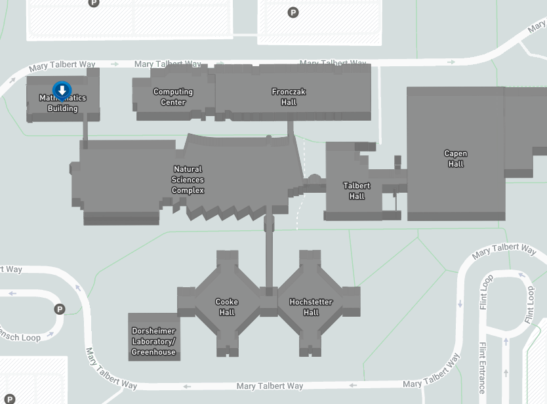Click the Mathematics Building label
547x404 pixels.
pyautogui.click(x=62, y=104)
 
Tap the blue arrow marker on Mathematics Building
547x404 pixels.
pyautogui.click(x=62, y=90)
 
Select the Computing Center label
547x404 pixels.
pyautogui.click(x=173, y=97)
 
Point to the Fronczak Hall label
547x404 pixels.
pyautogui.click(x=289, y=97)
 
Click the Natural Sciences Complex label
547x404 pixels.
pyautogui.click(x=188, y=180)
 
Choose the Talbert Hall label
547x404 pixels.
pyautogui.click(x=357, y=191)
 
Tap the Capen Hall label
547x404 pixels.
pyautogui.click(x=456, y=159)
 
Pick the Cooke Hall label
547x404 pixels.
pyautogui.click(x=226, y=307)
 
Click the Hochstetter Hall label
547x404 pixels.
pyautogui.click(x=311, y=307)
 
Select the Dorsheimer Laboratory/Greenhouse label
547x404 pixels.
pyautogui.click(x=153, y=341)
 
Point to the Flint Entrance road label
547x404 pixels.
pyautogui.click(x=482, y=367)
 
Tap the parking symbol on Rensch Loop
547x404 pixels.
pyautogui.click(x=60, y=309)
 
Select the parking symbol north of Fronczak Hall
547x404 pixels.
pyautogui.click(x=293, y=12)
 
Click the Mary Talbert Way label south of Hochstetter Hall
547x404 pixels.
pyautogui.click(x=270, y=386)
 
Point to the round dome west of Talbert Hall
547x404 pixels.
pyautogui.click(x=314, y=178)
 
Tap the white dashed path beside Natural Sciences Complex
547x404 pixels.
pyautogui.click(x=299, y=210)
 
